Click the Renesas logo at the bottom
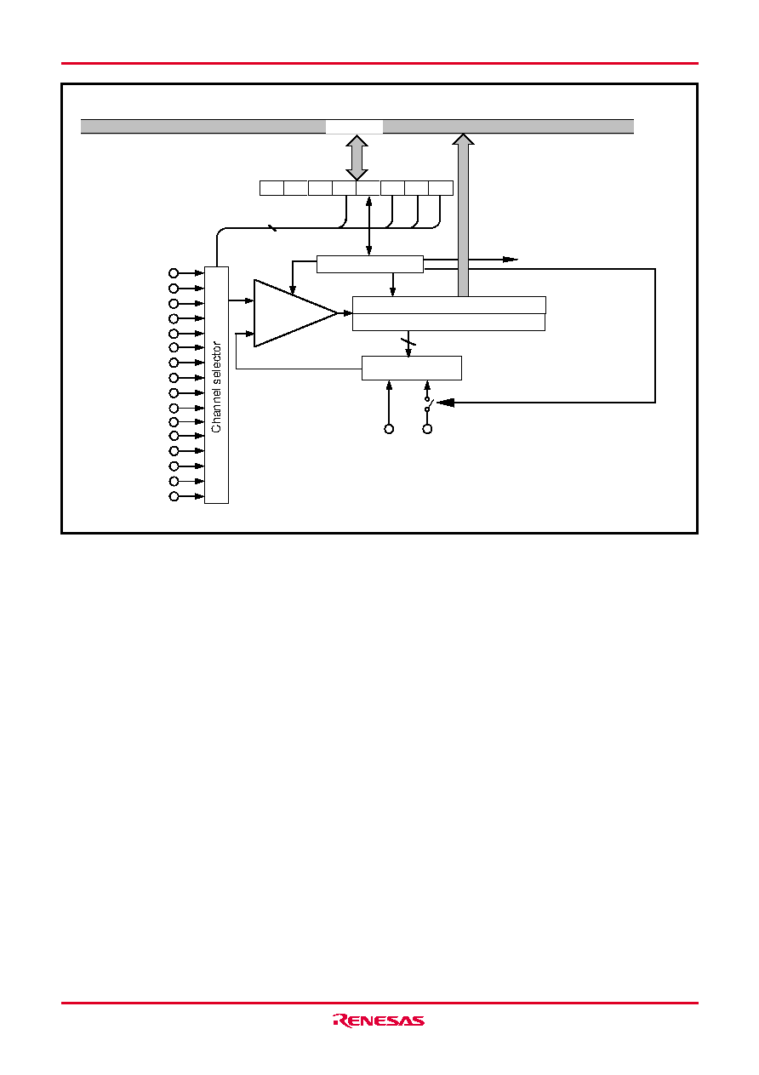point(379,1021)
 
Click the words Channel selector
point(216,386)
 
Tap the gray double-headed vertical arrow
point(357,157)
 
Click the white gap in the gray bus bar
point(354,127)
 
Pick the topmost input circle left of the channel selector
point(174,273)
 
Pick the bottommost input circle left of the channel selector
point(174,496)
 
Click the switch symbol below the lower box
point(429,403)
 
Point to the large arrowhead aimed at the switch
point(446,403)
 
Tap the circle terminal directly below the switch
point(427,429)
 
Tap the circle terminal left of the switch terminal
point(389,429)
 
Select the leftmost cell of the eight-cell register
point(271,188)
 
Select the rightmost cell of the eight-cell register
point(441,188)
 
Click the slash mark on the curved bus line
point(272,228)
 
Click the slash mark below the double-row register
point(408,342)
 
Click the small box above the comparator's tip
point(370,265)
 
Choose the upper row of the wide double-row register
point(449,306)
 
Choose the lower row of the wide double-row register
point(448,322)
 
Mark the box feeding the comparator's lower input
point(412,368)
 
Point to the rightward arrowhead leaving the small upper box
point(511,260)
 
